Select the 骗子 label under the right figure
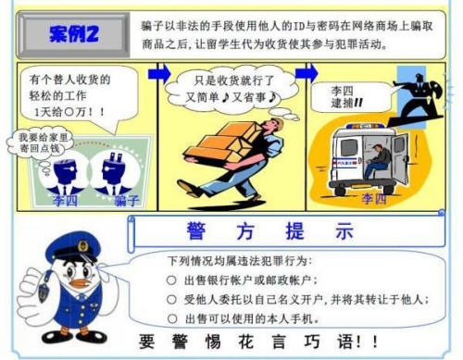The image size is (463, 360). [127, 200]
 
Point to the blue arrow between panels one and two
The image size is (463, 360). [159, 72]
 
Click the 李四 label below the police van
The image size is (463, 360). [374, 198]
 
